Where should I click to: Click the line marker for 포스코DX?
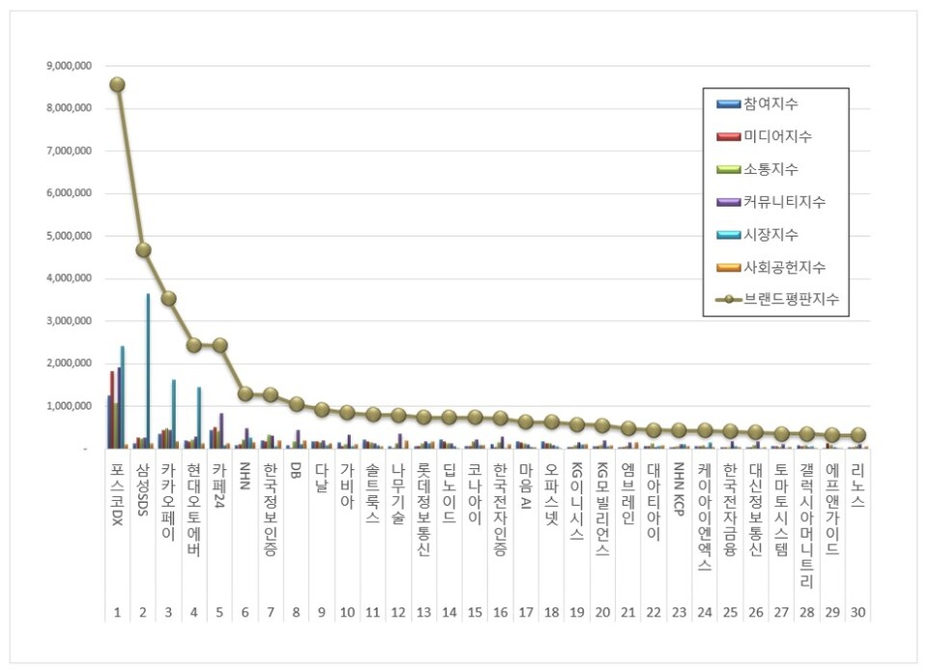click(x=117, y=84)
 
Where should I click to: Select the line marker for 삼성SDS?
click(x=143, y=249)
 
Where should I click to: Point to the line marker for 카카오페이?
click(x=168, y=298)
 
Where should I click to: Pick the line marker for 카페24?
click(x=219, y=344)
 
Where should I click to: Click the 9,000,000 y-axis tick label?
click(x=68, y=66)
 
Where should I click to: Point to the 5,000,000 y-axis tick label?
click(x=68, y=236)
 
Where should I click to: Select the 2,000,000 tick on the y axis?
click(x=68, y=364)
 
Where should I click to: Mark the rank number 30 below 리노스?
click(x=857, y=611)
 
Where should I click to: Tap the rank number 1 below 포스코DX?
click(x=117, y=611)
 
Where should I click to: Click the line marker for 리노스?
click(x=857, y=435)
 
